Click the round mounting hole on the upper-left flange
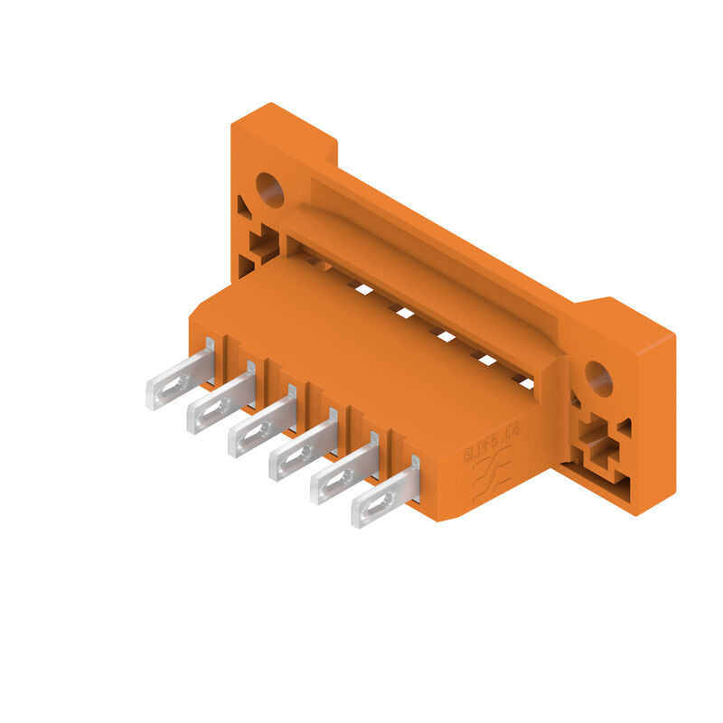(x=269, y=189)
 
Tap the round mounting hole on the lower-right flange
(x=597, y=378)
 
